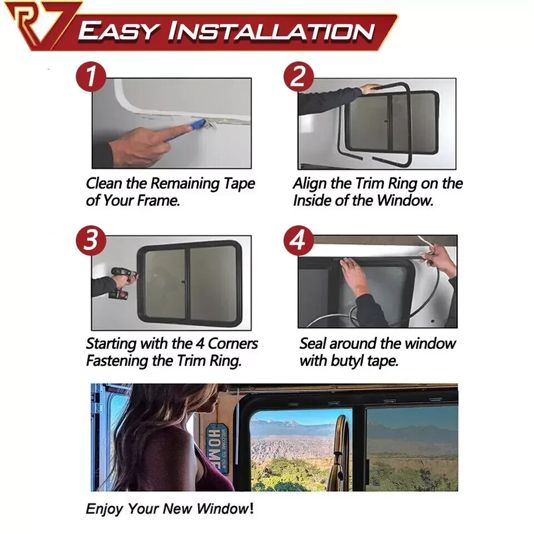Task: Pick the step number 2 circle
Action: point(299,76)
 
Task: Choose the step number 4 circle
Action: point(299,240)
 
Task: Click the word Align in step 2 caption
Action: point(310,183)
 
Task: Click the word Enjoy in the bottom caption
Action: point(105,508)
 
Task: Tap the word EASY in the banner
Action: point(118,32)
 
